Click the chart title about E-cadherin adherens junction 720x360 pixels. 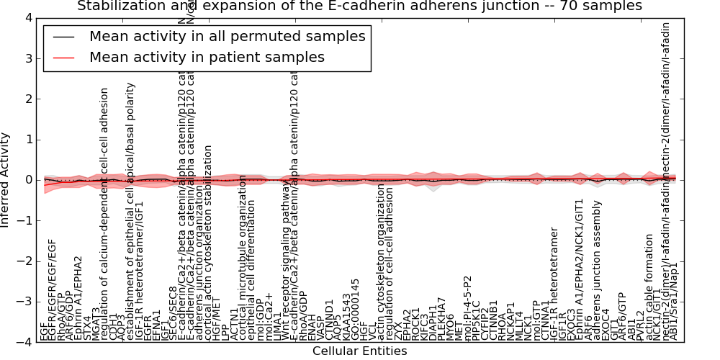pyautogui.click(x=359, y=6)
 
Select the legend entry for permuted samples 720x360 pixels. pyautogui.click(x=227, y=36)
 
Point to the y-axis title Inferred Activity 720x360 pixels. pyautogui.click(x=6, y=180)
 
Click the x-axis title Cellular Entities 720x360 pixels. pyautogui.click(x=359, y=351)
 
